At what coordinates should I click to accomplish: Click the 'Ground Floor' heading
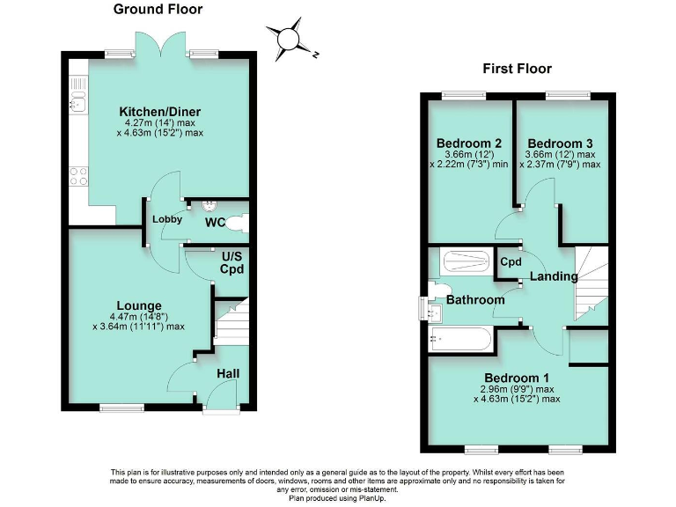(x=158, y=10)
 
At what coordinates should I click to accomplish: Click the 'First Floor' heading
(x=517, y=69)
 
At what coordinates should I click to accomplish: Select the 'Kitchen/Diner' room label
(x=160, y=112)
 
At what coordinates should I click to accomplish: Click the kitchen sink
(x=77, y=103)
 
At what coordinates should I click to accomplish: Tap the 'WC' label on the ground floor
(x=216, y=223)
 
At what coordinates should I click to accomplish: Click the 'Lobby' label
(x=166, y=219)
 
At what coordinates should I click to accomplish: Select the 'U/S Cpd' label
(x=231, y=262)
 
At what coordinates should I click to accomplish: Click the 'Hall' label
(x=229, y=374)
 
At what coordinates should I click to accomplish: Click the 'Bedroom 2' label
(x=469, y=143)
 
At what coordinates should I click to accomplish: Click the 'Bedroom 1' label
(x=517, y=378)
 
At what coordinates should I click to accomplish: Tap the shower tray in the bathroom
(x=467, y=261)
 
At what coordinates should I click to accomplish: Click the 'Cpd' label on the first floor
(x=511, y=262)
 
